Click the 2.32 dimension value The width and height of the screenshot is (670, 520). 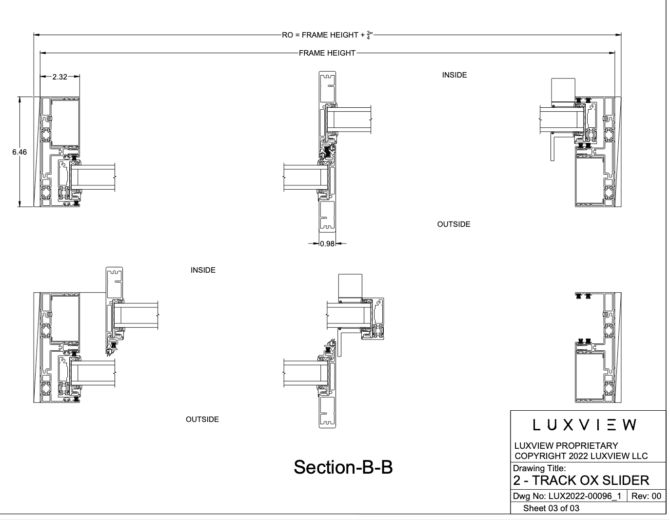pos(59,77)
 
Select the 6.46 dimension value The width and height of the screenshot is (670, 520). pos(20,152)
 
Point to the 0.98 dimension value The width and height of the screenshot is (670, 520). pos(327,244)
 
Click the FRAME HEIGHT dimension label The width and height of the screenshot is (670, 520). pos(327,53)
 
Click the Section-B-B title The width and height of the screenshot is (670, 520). pos(343,467)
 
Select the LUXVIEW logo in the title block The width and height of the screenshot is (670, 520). pos(585,425)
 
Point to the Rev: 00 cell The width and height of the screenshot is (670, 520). pos(646,497)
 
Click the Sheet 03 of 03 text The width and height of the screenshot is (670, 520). pos(551,508)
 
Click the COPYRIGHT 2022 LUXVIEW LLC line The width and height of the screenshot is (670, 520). pos(581,456)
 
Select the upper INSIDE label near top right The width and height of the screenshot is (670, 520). pos(454,75)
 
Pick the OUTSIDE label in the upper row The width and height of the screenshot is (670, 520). pos(453,224)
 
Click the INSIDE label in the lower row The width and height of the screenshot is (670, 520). pos(203,270)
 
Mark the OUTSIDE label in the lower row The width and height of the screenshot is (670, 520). pos(202,420)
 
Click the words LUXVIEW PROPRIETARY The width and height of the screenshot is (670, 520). pos(566,445)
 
